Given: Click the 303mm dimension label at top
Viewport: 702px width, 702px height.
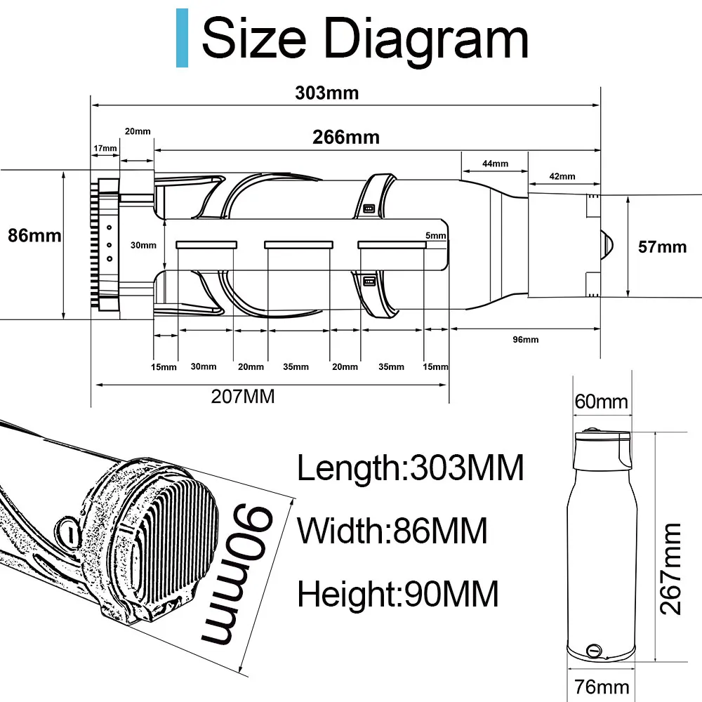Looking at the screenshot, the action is coord(327,93).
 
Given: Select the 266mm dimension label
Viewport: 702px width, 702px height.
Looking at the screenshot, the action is coord(346,137).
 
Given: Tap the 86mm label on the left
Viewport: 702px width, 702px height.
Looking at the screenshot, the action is coord(34,235).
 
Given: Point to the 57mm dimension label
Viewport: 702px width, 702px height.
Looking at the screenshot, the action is coord(662,247).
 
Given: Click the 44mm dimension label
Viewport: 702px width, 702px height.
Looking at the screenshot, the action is coord(495,164).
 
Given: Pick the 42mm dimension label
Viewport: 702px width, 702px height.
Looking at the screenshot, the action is coord(562,176).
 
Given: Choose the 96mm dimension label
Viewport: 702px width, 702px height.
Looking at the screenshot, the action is coord(526,339).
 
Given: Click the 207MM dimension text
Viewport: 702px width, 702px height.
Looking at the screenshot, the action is coord(243,396).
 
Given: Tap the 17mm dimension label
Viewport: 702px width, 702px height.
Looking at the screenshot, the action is coord(105,148).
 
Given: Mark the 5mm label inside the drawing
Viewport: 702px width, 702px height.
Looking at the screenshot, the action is coord(436,235).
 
